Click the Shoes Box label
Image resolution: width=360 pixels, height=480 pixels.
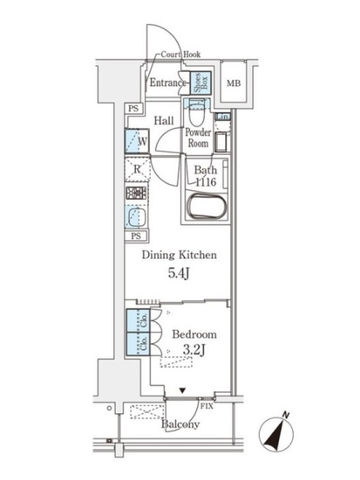pos(201,83)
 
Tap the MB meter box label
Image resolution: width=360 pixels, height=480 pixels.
pos(233,83)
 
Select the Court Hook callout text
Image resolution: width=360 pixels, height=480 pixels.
pos(181,55)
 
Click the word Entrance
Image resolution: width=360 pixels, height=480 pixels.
pos(167,83)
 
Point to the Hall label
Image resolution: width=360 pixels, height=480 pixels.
pos(164,121)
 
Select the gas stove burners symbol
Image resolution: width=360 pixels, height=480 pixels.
pos(137,193)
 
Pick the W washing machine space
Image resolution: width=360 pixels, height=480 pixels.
pos(137,141)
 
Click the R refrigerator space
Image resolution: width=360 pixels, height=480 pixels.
pos(137,169)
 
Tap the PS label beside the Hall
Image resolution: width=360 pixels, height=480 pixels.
pos(133,109)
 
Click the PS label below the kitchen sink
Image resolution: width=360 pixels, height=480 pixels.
pos(136,236)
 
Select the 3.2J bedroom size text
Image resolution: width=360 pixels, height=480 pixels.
pos(194,350)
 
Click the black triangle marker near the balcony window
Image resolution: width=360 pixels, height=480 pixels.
pos(182,391)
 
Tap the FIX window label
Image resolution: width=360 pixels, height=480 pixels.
pos(206,407)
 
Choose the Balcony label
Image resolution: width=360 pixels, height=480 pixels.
pos(181,425)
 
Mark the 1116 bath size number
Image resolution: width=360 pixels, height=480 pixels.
pos(206,182)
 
